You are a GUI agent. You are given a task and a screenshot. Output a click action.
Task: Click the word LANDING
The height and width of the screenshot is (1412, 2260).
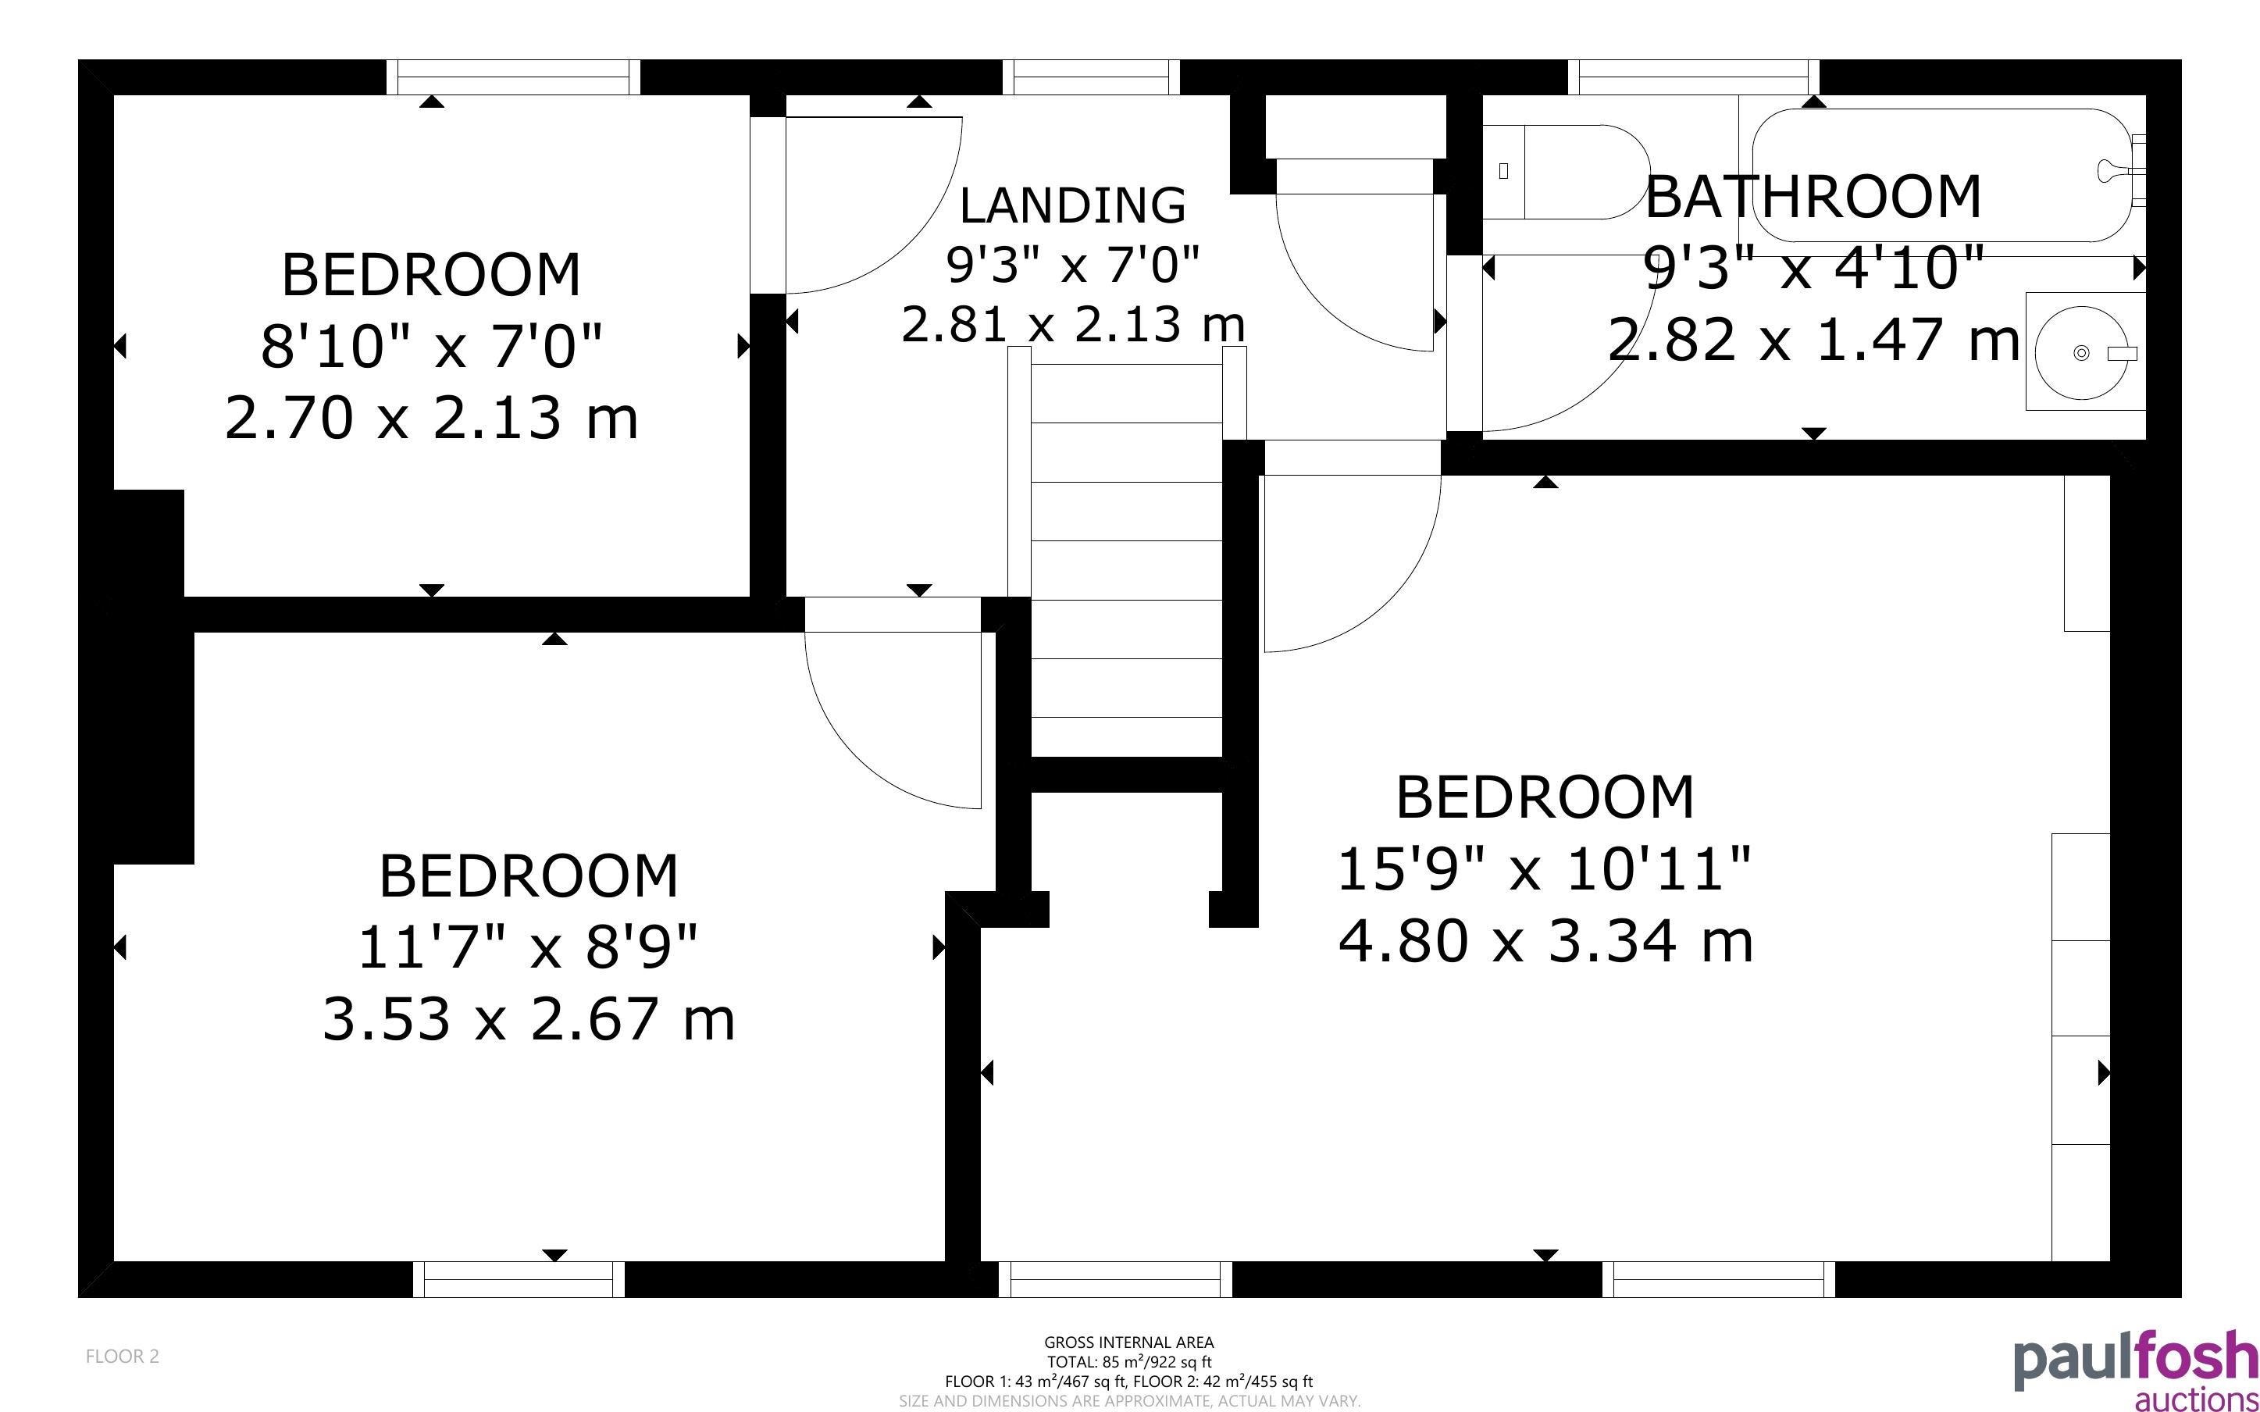click(x=1072, y=205)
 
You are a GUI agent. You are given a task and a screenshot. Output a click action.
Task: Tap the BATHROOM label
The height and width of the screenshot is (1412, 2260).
click(x=1813, y=196)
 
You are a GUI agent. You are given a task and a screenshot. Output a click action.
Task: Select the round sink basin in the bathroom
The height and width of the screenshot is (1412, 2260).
click(x=2083, y=352)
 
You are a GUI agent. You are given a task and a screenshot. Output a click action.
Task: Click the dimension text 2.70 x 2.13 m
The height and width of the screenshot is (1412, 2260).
click(x=431, y=418)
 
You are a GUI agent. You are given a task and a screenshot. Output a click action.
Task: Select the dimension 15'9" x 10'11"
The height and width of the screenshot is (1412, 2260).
click(x=1545, y=869)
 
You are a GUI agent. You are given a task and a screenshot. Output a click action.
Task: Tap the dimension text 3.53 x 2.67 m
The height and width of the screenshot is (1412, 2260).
click(x=529, y=1019)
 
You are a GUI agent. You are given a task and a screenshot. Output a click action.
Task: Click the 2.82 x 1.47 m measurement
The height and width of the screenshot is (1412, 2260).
click(x=1813, y=339)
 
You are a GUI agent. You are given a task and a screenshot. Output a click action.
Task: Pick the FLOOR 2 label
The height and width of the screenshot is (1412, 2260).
click(x=123, y=1356)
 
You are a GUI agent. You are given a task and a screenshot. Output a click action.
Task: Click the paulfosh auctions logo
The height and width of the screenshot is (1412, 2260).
click(x=2135, y=1370)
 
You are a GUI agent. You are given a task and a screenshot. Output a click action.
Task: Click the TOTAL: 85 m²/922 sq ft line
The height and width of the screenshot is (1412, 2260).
click(x=1128, y=1361)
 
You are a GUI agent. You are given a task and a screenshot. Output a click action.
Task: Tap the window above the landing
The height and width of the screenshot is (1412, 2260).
click(x=1091, y=77)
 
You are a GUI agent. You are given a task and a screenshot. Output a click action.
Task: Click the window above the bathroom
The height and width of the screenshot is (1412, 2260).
click(x=1693, y=77)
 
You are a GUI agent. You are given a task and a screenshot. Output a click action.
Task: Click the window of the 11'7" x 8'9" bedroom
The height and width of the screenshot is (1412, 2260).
click(x=519, y=1279)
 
